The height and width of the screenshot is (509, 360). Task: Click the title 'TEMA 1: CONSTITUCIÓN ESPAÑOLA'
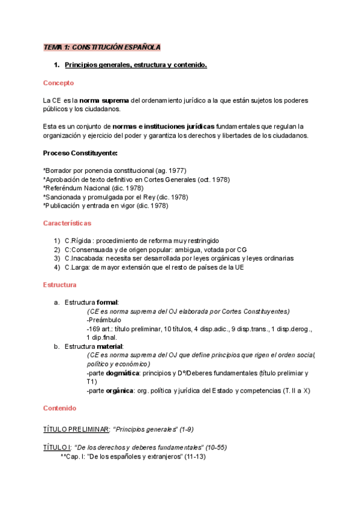[x=101, y=47]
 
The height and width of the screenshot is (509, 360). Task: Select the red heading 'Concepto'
[x=58, y=83]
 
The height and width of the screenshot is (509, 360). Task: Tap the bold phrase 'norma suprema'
[x=104, y=100]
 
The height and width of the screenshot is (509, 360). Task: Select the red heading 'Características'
[x=67, y=223]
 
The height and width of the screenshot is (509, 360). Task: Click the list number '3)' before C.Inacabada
[x=57, y=259]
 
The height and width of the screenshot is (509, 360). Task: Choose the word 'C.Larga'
[x=78, y=268]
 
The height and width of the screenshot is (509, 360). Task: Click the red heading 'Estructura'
[x=60, y=285]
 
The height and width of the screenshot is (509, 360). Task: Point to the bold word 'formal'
[x=107, y=303]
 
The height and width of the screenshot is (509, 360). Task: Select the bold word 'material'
[x=110, y=347]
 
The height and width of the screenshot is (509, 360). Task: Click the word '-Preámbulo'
[x=104, y=321]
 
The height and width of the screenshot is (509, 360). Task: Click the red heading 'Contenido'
[x=59, y=408]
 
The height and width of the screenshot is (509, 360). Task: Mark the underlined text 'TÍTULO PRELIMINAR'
[x=76, y=430]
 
